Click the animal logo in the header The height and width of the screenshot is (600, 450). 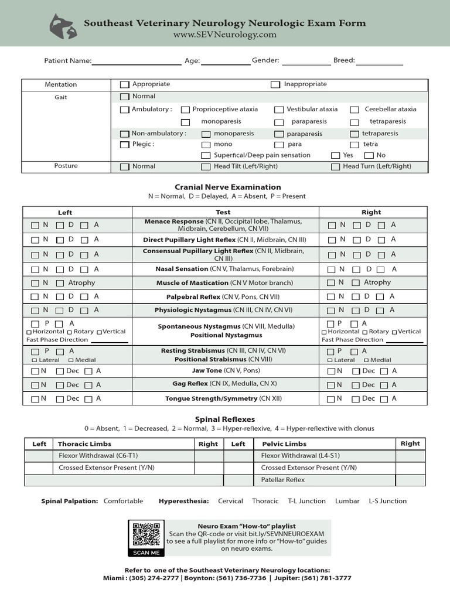click(64, 26)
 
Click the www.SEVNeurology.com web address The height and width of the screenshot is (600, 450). click(224, 35)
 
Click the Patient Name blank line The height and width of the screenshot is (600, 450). click(137, 61)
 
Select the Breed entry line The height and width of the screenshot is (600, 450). click(379, 61)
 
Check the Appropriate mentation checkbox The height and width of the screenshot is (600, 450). click(124, 84)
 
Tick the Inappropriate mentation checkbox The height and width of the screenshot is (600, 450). click(275, 84)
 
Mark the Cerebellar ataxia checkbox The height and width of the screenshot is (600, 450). click(354, 110)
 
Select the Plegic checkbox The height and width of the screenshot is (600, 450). click(124, 144)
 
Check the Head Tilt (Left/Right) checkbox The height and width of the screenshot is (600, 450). click(205, 166)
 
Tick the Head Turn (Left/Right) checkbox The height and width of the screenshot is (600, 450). click(335, 166)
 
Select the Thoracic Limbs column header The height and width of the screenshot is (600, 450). click(85, 444)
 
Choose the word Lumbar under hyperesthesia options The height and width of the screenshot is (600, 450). click(347, 501)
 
